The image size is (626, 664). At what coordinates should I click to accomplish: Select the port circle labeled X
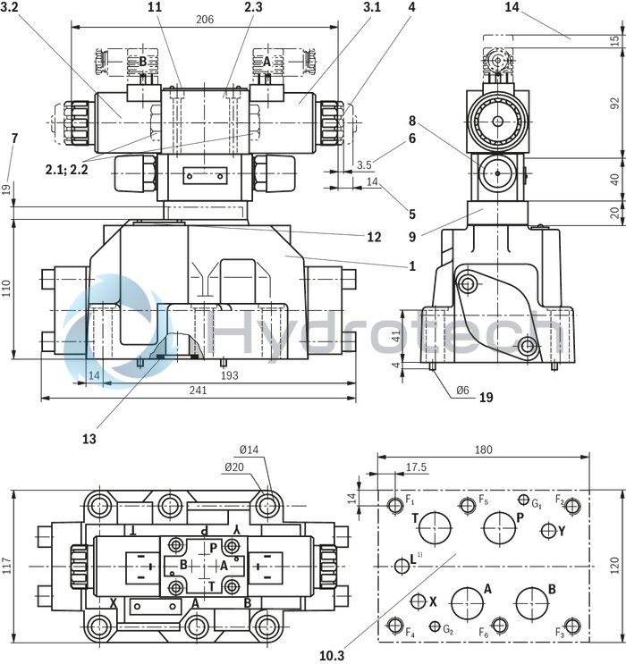(418, 601)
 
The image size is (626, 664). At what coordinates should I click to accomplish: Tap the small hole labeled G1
(524, 500)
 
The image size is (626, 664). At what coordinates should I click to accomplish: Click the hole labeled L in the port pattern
(401, 564)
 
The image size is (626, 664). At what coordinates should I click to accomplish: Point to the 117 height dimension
(9, 565)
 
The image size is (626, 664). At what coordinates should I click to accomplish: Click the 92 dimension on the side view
(613, 101)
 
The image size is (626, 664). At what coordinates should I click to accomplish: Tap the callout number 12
(374, 237)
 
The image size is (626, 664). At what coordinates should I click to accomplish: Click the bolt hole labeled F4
(395, 624)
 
